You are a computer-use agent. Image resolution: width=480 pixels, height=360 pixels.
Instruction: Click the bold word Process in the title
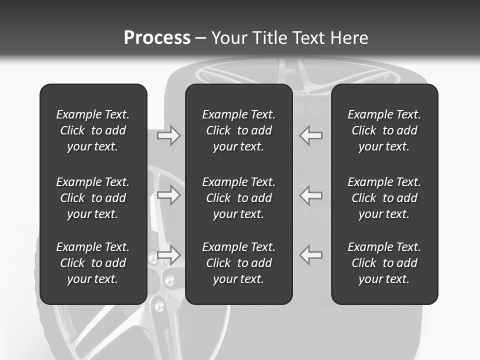(x=157, y=38)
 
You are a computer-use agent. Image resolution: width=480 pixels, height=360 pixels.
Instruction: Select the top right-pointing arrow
(x=169, y=135)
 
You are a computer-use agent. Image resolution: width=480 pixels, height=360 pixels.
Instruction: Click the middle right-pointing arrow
(x=169, y=195)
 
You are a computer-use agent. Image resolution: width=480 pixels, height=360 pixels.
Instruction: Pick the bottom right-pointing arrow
(x=169, y=254)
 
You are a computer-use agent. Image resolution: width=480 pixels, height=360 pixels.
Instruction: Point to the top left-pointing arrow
(x=311, y=135)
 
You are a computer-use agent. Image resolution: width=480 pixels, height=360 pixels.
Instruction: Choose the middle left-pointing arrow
(x=311, y=195)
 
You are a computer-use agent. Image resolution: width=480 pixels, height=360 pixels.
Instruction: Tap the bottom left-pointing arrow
(x=311, y=254)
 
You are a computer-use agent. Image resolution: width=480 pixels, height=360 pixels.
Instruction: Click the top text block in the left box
(x=93, y=130)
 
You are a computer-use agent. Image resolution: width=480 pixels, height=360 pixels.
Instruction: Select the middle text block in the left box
(x=93, y=198)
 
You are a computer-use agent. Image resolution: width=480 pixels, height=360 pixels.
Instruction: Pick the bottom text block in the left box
(x=93, y=263)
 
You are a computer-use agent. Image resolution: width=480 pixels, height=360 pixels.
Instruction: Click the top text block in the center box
(x=238, y=130)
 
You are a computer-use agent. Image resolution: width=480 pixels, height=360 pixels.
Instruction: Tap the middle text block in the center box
(x=238, y=198)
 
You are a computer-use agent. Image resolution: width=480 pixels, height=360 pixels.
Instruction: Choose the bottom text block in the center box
(x=238, y=263)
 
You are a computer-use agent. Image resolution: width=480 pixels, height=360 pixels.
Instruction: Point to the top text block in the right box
(x=384, y=130)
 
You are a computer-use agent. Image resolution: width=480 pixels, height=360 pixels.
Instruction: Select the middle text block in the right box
(x=384, y=198)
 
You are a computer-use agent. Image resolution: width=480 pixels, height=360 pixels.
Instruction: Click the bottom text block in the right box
(x=384, y=263)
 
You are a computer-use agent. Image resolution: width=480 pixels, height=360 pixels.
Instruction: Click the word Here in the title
(x=349, y=38)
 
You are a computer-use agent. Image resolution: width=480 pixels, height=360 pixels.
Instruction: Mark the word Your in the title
(x=228, y=38)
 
